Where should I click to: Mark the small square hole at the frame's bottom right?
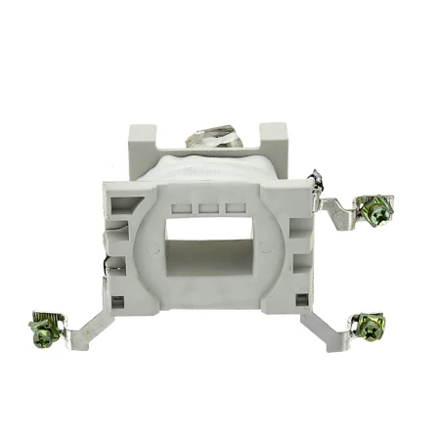pyautogui.click(x=294, y=300)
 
